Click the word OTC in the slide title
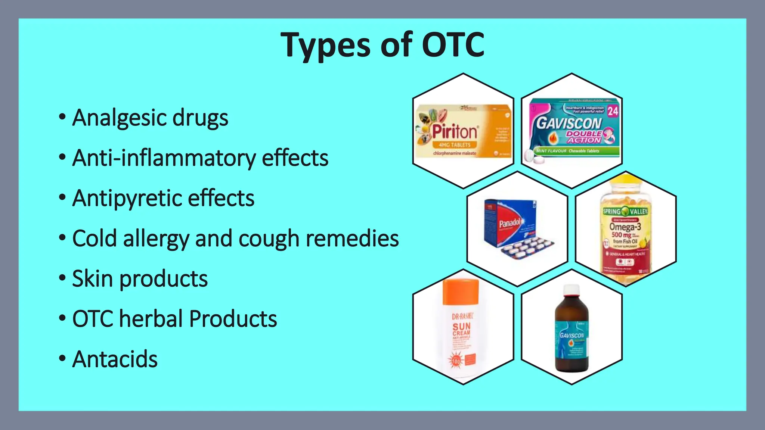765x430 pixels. [x=453, y=45]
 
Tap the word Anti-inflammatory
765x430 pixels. [x=164, y=158]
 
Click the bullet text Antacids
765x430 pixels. [x=115, y=359]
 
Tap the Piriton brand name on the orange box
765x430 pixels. [x=455, y=132]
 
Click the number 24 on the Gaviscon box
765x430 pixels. [x=613, y=111]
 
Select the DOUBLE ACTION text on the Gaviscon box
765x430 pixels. [x=584, y=137]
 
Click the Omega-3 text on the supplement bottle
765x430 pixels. [x=625, y=227]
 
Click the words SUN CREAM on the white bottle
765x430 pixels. [x=461, y=329]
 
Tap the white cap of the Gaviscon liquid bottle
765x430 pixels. [x=572, y=290]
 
